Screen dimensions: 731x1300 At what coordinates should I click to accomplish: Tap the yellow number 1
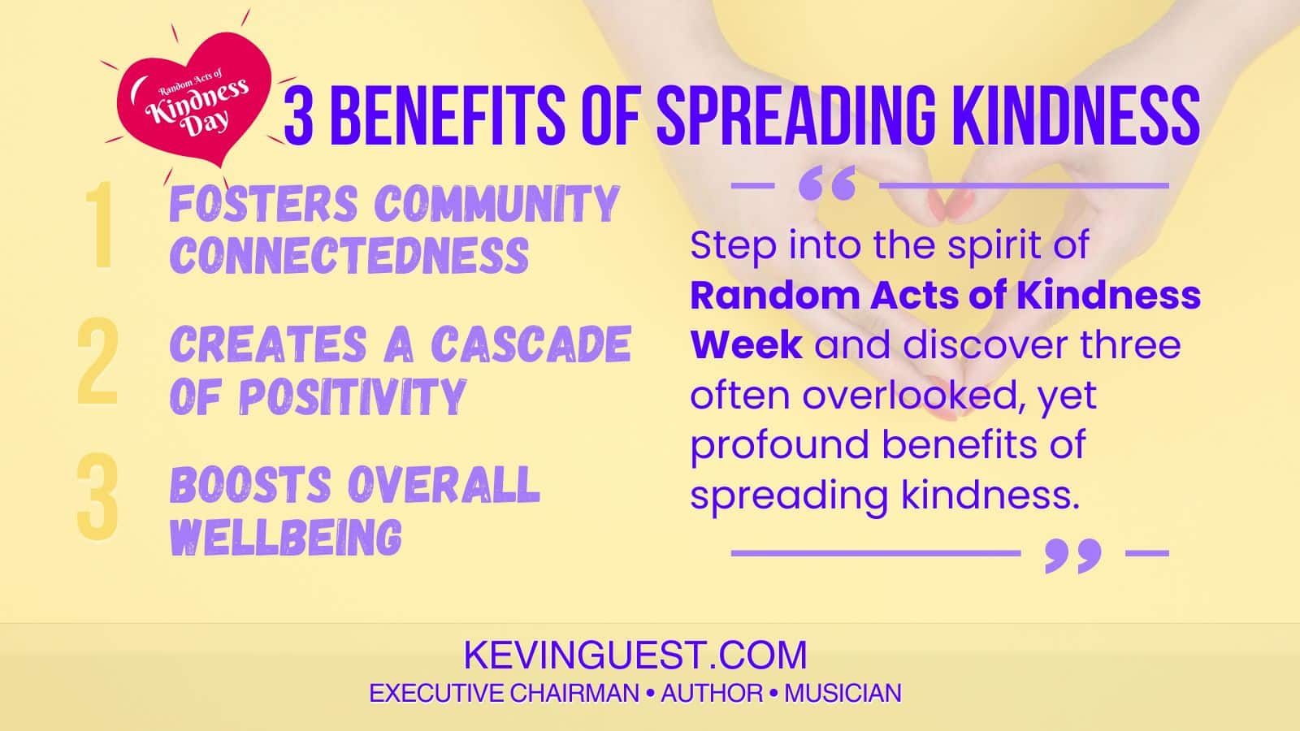tap(101, 227)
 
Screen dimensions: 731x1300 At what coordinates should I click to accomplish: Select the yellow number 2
tap(97, 363)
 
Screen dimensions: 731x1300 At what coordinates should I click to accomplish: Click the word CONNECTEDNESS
tap(349, 256)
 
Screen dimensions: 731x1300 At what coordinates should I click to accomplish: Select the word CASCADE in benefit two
tap(531, 344)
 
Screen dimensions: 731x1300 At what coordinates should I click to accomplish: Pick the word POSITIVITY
tap(352, 397)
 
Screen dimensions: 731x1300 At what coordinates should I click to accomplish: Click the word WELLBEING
tap(286, 537)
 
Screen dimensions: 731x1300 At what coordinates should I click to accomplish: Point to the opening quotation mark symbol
tap(826, 185)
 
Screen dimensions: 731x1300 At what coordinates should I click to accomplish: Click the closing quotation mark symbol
tap(1072, 555)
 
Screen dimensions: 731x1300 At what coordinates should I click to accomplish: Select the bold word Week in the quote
tap(746, 344)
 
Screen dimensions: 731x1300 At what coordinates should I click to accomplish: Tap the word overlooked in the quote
tap(909, 396)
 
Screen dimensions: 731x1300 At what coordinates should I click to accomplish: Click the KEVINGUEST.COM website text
tap(635, 655)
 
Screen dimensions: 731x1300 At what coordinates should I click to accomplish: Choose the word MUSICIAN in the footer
tap(843, 694)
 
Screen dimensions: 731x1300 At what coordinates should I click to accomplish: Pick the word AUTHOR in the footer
tap(712, 694)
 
